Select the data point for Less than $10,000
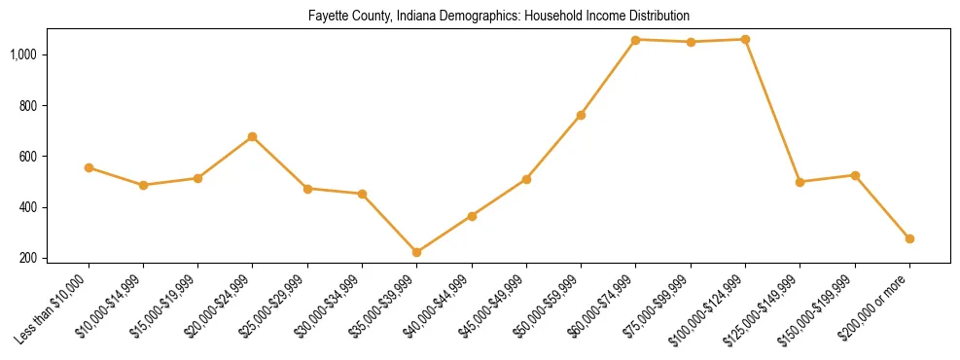coord(89,167)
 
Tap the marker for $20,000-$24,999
coord(253,137)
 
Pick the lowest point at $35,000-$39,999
coord(417,252)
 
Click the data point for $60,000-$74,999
coord(635,40)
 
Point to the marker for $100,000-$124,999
coord(745,40)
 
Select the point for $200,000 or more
coord(909,238)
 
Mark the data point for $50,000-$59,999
coord(581,115)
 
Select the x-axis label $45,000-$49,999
coord(497,306)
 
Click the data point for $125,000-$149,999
coord(800,182)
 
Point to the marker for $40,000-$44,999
coord(472,216)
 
